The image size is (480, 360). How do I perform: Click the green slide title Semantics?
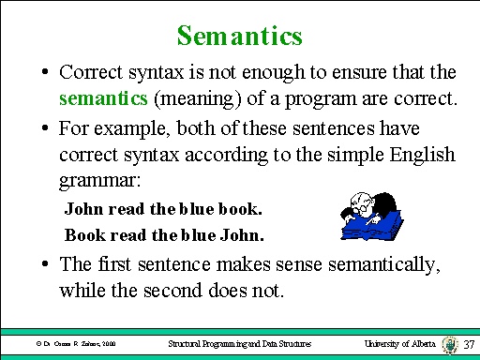[239, 37]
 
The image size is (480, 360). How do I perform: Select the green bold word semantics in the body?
[97, 95]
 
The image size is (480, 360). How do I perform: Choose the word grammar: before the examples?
[97, 174]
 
